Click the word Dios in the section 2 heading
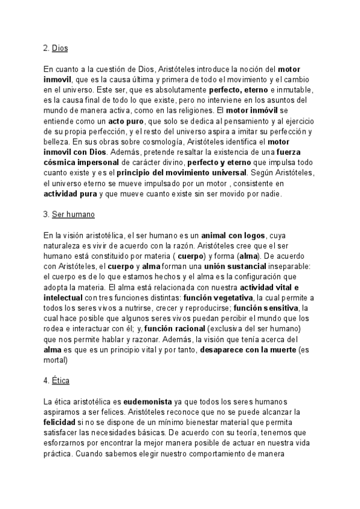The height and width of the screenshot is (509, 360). (60, 49)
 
